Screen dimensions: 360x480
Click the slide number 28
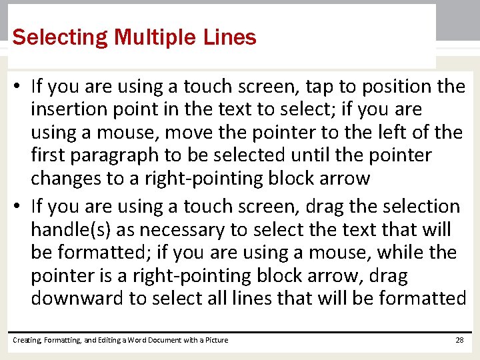point(459,340)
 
